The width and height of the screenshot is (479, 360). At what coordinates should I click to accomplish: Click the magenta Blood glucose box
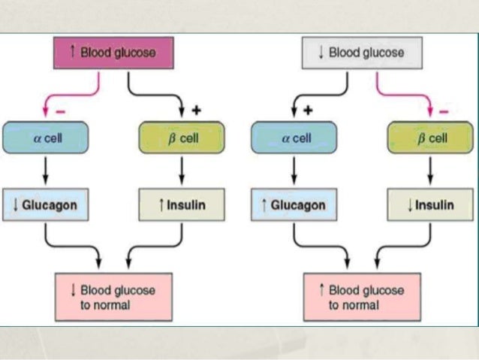(x=113, y=53)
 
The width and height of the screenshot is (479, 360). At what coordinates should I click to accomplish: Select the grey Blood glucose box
(x=363, y=53)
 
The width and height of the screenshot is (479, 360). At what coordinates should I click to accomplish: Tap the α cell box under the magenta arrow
(x=46, y=138)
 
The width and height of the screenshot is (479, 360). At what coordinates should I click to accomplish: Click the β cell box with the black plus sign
(x=182, y=138)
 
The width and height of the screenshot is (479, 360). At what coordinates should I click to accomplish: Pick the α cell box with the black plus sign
(x=294, y=138)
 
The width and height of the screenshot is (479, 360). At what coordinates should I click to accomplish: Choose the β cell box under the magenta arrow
(x=430, y=138)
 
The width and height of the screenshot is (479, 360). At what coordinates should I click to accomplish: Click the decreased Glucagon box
(x=46, y=204)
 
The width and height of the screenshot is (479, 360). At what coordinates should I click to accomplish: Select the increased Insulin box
(x=182, y=204)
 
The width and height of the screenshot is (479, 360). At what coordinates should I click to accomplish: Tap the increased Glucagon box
(x=294, y=204)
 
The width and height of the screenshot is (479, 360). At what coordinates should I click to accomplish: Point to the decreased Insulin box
(x=430, y=204)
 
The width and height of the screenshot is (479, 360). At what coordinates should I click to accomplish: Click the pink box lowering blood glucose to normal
(x=113, y=297)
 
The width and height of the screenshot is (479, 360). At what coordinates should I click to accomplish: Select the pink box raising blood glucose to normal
(x=363, y=297)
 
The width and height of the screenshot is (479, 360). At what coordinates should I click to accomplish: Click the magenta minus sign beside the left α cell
(x=61, y=112)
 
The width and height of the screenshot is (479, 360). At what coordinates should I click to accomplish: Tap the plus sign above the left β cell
(x=197, y=110)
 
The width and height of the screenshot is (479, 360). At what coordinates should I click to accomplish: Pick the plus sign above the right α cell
(x=309, y=110)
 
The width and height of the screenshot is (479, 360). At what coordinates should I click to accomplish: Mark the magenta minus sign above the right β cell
(x=444, y=112)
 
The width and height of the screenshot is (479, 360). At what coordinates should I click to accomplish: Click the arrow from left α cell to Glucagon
(x=46, y=171)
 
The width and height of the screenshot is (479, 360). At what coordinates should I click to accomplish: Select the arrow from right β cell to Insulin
(x=430, y=171)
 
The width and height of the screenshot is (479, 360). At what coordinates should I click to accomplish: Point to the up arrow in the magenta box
(x=72, y=51)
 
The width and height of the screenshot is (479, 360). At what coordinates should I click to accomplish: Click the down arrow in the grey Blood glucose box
(x=321, y=52)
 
